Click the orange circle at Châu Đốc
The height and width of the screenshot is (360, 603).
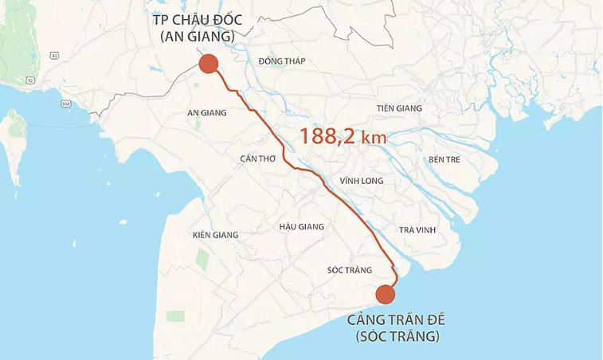pos(208,64)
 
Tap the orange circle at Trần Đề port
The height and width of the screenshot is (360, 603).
pos(385,295)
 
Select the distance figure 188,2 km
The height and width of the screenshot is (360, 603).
pos(343,136)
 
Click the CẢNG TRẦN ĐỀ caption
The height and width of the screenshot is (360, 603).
pos(396,320)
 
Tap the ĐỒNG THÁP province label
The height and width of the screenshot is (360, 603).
pos(282,61)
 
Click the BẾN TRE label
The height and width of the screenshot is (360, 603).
pos(445,159)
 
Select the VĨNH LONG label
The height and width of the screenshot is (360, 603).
pos(361,181)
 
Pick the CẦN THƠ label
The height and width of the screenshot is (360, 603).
pos(257,158)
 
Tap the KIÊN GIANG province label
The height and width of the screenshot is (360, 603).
pos(216,235)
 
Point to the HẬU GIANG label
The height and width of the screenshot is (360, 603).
pos(302,227)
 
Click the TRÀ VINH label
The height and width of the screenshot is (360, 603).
pos(417,230)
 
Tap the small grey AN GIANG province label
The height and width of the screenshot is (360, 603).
pos(206,112)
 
